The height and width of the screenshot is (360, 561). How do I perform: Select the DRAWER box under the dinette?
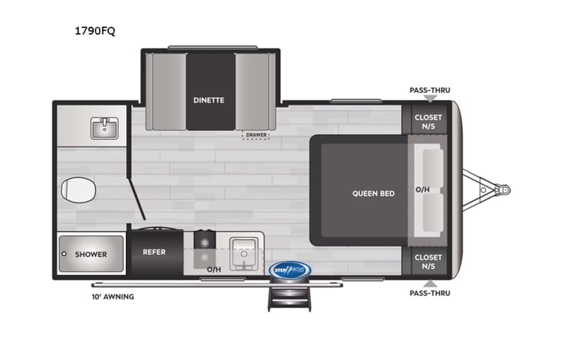[256, 135]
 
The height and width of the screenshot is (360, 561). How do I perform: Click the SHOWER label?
[90, 254]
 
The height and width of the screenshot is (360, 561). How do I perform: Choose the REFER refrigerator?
[154, 251]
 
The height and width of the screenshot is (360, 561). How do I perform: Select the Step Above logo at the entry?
[289, 269]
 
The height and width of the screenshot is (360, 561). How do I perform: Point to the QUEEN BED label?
[373, 193]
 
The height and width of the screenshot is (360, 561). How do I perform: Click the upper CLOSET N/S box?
[428, 122]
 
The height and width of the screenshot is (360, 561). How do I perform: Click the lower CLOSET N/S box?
[428, 263]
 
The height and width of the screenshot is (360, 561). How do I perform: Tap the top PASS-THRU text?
[430, 90]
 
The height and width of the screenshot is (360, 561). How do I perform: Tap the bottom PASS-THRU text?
[430, 293]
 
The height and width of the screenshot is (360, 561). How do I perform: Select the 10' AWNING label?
[113, 296]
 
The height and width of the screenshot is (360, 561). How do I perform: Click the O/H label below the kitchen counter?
[214, 270]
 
